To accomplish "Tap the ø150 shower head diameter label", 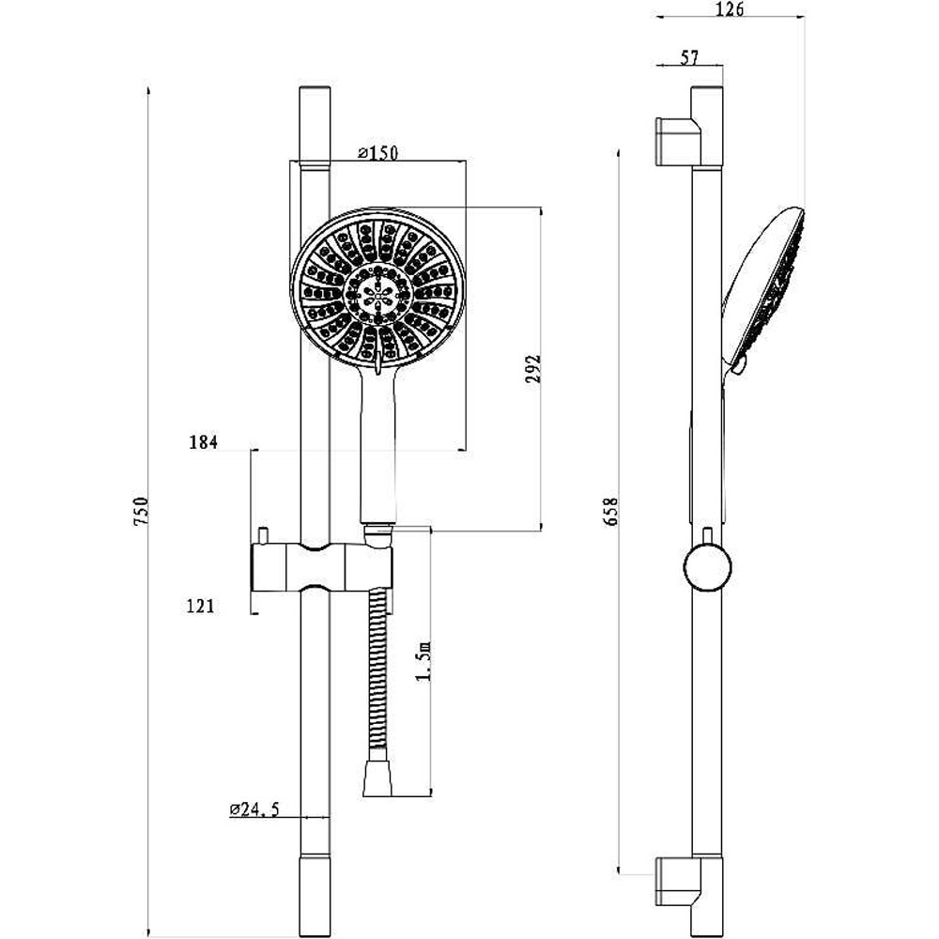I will (x=378, y=154).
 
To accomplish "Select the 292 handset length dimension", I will (x=532, y=372).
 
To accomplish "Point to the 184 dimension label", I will (x=203, y=442).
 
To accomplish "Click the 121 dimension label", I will (x=201, y=606).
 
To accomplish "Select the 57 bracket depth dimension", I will (x=689, y=58).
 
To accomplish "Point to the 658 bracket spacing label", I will (x=611, y=513).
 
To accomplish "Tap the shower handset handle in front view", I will (x=377, y=451).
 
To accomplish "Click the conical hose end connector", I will (x=377, y=778).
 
